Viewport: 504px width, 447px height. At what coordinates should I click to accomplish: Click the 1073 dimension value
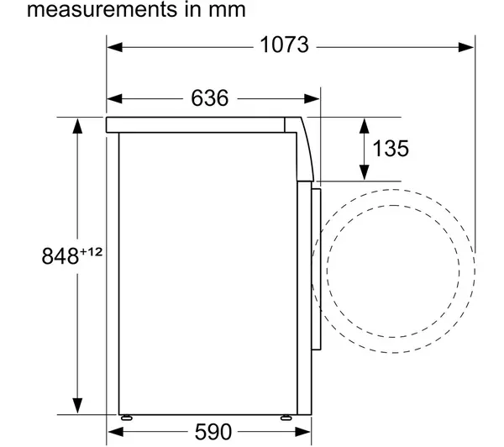click(285, 45)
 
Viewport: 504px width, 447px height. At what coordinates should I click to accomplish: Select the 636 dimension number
click(209, 97)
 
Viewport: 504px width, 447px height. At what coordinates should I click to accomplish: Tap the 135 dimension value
click(391, 149)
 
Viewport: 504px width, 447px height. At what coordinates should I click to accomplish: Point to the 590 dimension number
click(213, 432)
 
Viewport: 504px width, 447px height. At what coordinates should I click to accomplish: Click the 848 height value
click(60, 256)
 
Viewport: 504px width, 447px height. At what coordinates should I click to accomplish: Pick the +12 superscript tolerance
click(91, 251)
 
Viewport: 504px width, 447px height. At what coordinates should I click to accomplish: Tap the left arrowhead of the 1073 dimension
click(115, 47)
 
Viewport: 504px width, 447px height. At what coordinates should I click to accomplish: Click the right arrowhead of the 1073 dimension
click(466, 47)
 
